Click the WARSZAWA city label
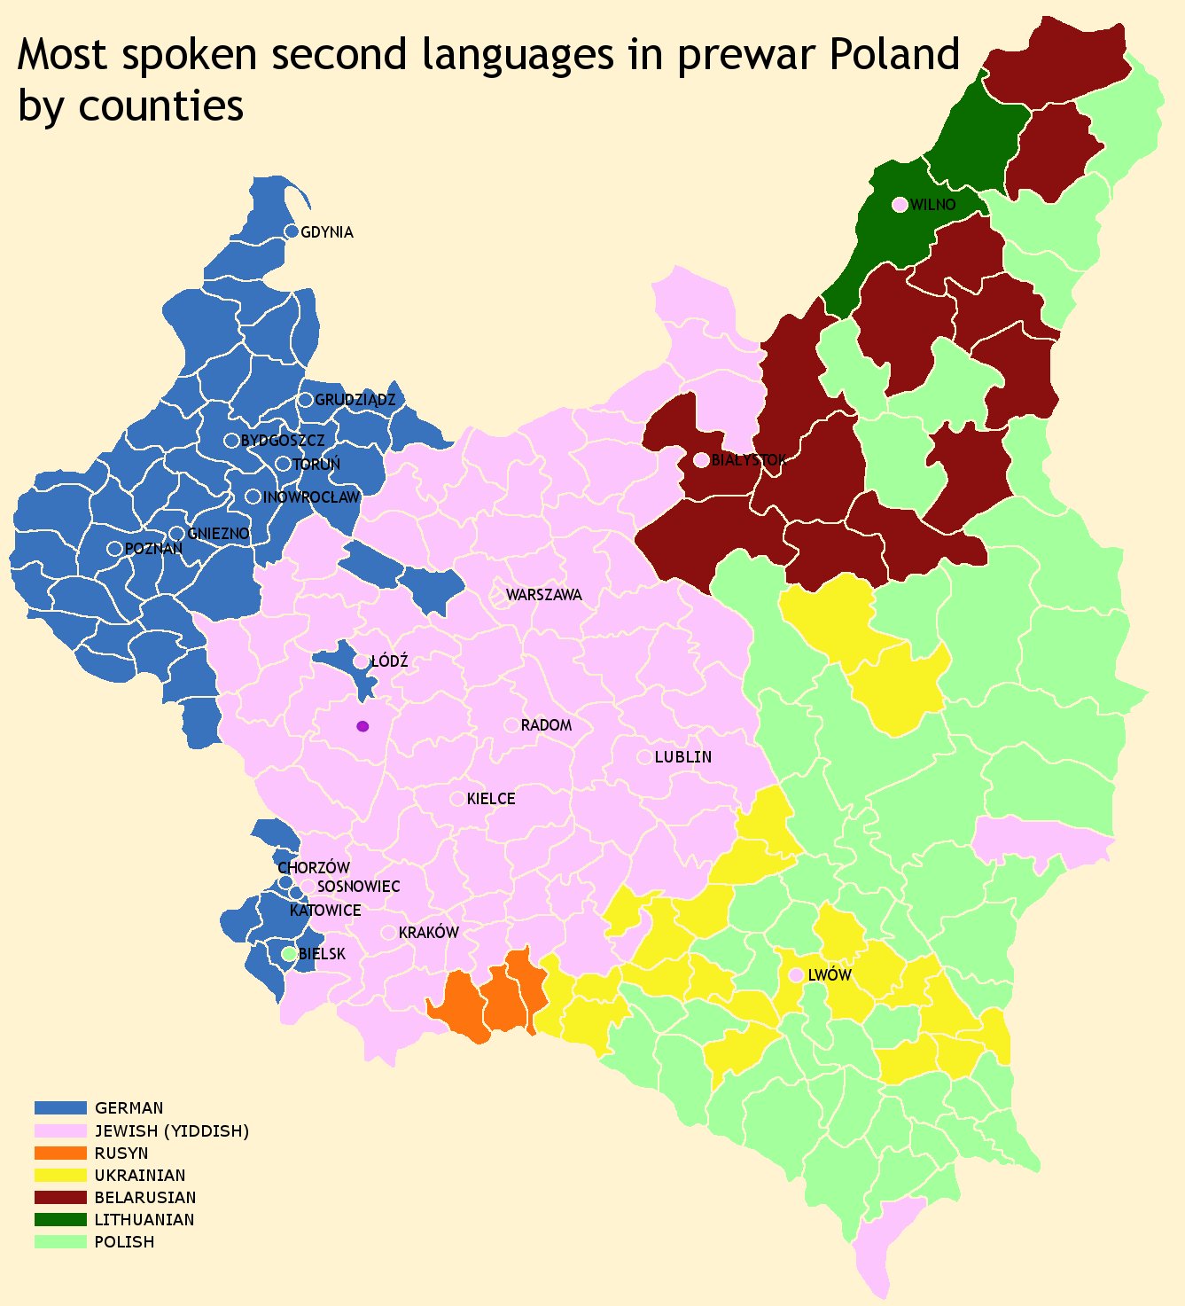pos(543,595)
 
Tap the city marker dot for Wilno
pos(900,205)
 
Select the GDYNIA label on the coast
pos(327,232)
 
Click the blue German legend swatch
pos(60,1107)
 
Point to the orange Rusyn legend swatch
pos(60,1153)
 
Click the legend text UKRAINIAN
pos(140,1176)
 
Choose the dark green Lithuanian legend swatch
pos(60,1219)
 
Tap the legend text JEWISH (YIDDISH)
pos(172,1130)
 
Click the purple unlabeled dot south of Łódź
pos(362,726)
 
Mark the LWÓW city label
pos(830,975)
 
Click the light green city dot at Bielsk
pos(288,954)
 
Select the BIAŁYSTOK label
pos(748,460)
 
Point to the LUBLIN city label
pos(682,757)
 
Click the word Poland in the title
pos(894,55)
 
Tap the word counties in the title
pos(160,106)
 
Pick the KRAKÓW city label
pos(428,933)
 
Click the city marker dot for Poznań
pos(114,549)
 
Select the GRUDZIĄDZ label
pos(355,400)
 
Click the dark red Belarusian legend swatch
pos(60,1197)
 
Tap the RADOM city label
pos(546,725)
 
